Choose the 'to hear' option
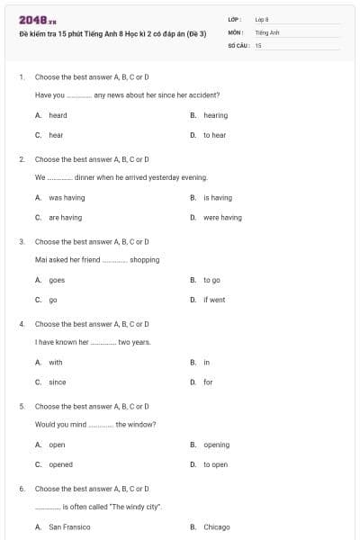[x=214, y=135]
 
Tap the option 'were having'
[x=222, y=217]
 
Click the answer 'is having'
[x=217, y=197]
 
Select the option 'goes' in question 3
[x=57, y=280]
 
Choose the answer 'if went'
[x=214, y=300]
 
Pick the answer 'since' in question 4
[x=57, y=382]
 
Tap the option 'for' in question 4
[x=208, y=382]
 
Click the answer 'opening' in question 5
[x=216, y=445]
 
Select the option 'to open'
[x=215, y=464]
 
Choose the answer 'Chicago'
[x=216, y=527]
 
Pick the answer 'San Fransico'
[x=69, y=527]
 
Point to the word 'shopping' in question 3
[x=144, y=259]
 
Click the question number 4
[x=21, y=323]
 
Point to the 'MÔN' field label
[x=236, y=31]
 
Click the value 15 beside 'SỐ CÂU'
[x=258, y=44]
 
